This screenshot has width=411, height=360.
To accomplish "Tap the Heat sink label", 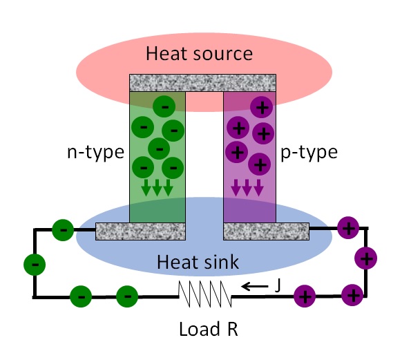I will point(198,262).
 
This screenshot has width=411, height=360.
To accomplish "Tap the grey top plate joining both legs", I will point(204,82).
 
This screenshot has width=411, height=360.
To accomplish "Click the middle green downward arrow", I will point(157,187).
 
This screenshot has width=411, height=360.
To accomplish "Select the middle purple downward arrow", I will point(247,187).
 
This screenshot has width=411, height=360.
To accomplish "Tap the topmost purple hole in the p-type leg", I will point(261,106).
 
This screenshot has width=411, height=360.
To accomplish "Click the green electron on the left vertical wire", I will point(34,263).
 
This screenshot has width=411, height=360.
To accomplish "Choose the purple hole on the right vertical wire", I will point(365,258).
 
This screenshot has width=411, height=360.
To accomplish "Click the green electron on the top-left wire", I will point(63,229).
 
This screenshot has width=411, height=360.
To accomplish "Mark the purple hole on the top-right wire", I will point(347,227).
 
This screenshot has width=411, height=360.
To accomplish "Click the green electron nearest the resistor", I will point(126,296).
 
